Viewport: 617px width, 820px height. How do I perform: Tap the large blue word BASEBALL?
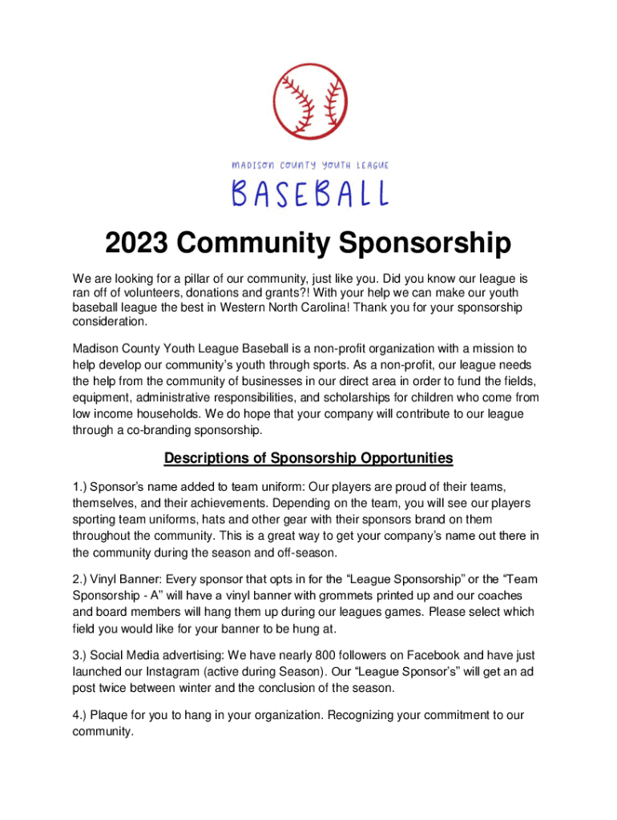point(309,194)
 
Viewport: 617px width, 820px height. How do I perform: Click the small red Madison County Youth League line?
point(309,165)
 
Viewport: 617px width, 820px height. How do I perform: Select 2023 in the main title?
point(136,243)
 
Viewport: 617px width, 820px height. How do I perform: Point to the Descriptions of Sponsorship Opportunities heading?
point(308,458)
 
